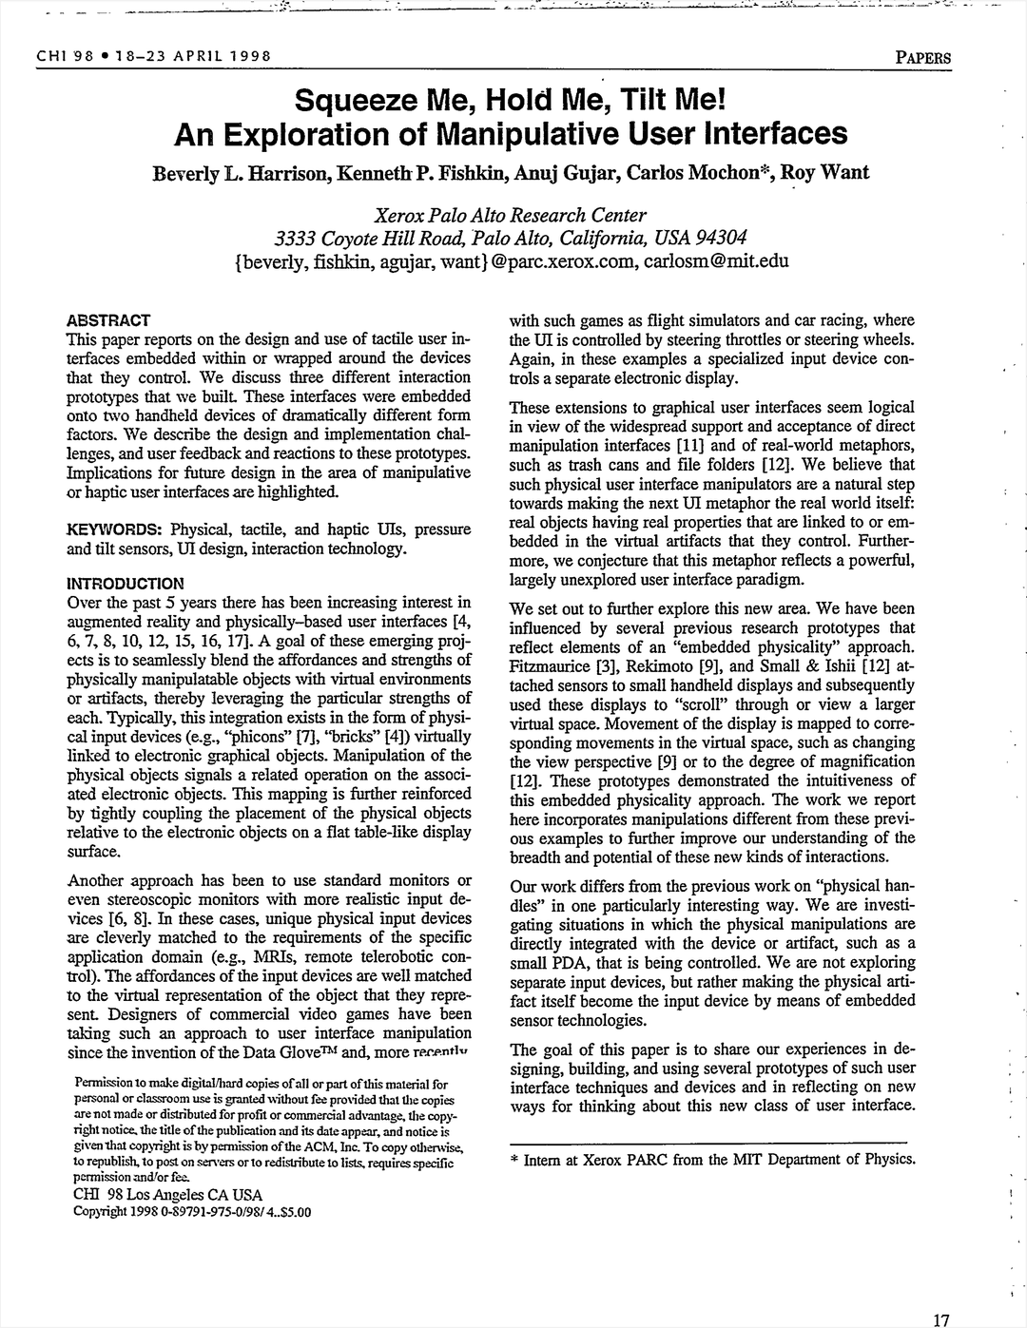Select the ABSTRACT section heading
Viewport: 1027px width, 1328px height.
(108, 320)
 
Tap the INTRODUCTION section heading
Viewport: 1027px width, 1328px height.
(126, 583)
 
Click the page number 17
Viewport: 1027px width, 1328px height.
(941, 1318)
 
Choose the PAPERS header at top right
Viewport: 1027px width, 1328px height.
(922, 56)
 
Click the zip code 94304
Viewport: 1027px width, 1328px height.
(718, 237)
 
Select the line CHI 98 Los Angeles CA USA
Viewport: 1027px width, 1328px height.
(167, 1195)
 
